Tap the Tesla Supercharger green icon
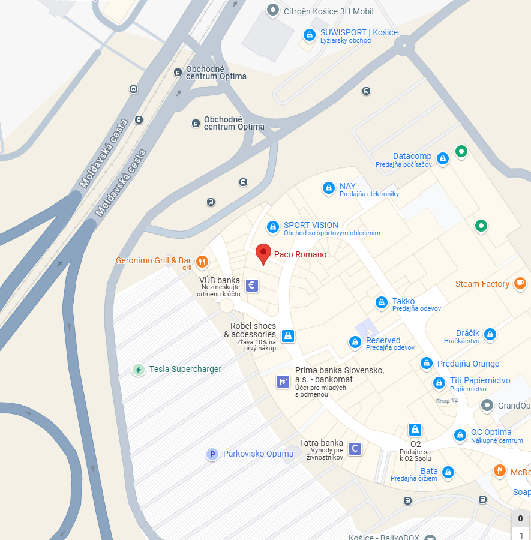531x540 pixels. (x=139, y=370)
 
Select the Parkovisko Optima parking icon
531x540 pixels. (x=212, y=454)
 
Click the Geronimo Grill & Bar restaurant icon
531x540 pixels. (x=202, y=261)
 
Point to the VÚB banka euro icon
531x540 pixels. (x=252, y=286)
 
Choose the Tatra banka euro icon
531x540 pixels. (x=355, y=448)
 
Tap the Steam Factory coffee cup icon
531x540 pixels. (x=520, y=284)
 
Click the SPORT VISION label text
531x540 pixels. (x=311, y=225)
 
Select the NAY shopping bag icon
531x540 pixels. (x=328, y=188)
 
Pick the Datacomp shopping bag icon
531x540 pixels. (x=442, y=158)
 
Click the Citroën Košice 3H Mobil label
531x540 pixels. (x=329, y=11)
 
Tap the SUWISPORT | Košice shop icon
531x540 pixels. (x=309, y=35)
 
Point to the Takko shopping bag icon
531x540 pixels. (x=381, y=303)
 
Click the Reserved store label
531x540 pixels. (x=383, y=340)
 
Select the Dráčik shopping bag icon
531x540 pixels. (x=490, y=334)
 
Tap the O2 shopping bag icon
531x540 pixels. (x=415, y=430)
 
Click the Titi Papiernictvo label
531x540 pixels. (x=480, y=380)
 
